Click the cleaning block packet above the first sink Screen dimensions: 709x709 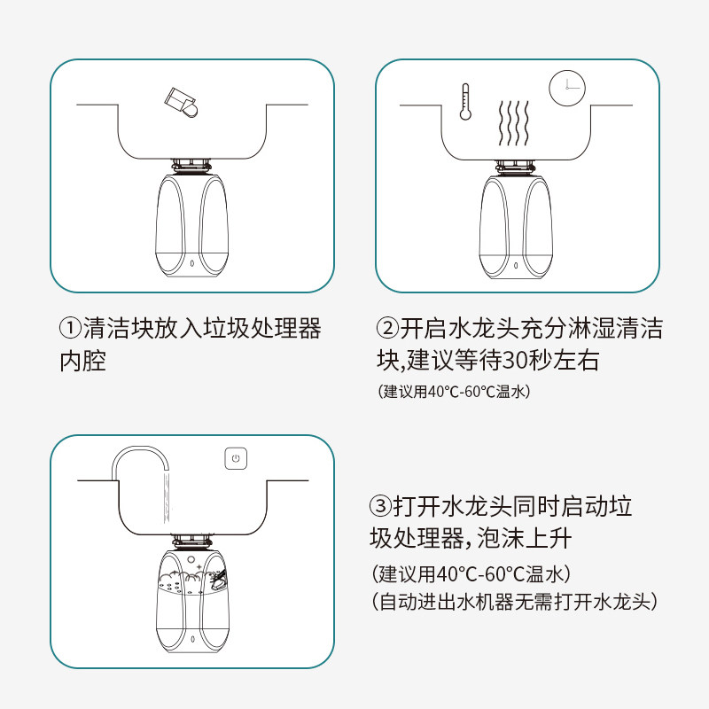tap(181, 103)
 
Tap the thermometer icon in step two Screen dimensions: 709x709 tap(465, 102)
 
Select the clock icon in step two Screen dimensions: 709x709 tap(567, 88)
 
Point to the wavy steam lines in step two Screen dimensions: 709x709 tap(514, 123)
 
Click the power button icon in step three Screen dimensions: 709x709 tap(236, 458)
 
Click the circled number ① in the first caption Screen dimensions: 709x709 tap(71, 328)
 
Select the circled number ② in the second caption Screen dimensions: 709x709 tap(387, 328)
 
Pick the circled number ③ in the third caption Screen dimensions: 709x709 tap(380, 505)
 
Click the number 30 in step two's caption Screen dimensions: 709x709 tap(516, 361)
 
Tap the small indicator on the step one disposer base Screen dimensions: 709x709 tap(192, 263)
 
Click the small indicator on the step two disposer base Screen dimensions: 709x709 tap(516, 265)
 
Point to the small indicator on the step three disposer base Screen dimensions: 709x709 tap(192, 639)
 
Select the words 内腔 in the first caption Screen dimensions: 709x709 tap(82, 361)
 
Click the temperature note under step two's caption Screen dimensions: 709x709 tap(454, 392)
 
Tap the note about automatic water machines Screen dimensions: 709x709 tap(514, 602)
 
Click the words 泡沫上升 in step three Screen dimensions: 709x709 tap(525, 538)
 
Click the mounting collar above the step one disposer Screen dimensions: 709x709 tap(191, 166)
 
